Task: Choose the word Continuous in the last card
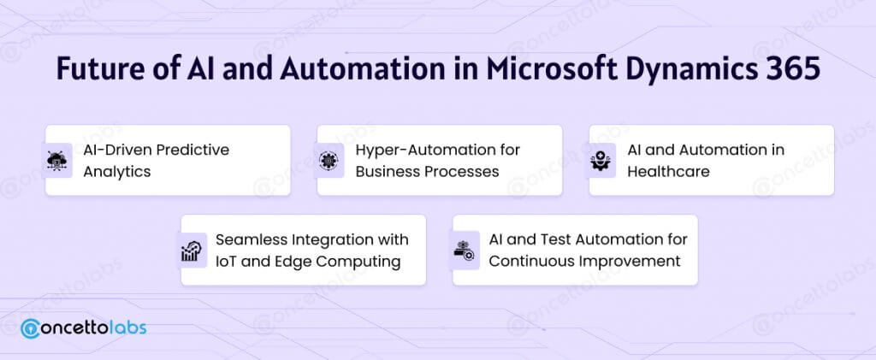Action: pos(526,261)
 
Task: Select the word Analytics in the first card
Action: pos(117,171)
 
